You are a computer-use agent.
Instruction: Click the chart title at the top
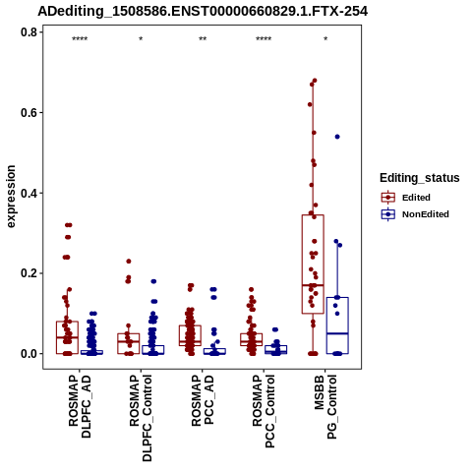[203, 11]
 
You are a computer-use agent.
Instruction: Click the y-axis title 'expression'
[11, 197]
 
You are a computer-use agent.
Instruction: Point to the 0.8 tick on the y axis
[29, 32]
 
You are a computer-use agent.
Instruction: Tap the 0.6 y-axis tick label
[29, 112]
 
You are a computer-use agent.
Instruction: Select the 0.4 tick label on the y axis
[29, 193]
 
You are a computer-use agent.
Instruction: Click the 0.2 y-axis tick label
[29, 273]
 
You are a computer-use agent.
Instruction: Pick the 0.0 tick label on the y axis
[29, 354]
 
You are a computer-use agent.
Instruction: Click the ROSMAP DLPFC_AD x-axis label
[80, 406]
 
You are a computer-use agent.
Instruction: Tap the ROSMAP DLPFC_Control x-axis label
[141, 418]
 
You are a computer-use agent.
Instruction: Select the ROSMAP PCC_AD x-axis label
[203, 400]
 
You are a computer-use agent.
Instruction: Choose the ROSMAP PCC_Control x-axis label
[264, 411]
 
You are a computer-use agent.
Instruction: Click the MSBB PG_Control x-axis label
[325, 407]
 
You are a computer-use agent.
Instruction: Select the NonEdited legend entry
[415, 214]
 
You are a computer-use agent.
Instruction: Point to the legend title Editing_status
[420, 178]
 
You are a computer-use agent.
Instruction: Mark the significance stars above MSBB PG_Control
[325, 39]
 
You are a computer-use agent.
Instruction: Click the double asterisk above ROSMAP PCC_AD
[203, 39]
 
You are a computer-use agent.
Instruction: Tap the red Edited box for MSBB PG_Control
[313, 265]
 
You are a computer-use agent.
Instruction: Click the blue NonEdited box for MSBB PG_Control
[337, 325]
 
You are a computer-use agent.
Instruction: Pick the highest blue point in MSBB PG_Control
[337, 137]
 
